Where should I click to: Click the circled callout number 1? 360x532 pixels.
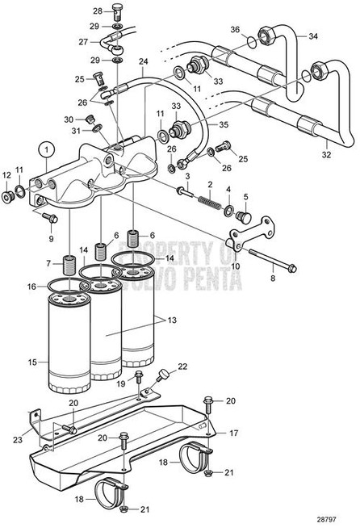point(48,149)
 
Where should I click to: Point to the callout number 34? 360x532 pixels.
point(312,37)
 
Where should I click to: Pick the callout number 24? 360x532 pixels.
point(143,62)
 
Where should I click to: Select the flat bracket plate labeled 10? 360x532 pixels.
point(240,240)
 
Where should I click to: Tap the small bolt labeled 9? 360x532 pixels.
point(46,216)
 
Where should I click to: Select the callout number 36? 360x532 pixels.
point(236,30)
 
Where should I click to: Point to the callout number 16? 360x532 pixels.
point(32,287)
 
